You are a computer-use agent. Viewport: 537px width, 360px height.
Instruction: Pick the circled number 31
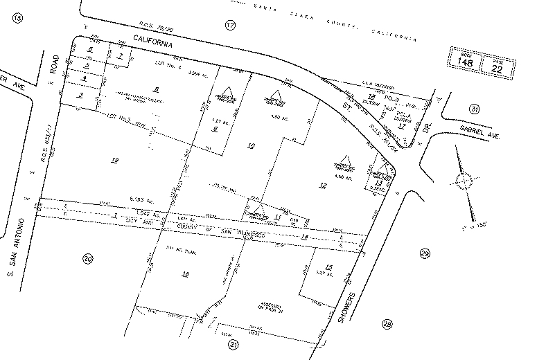[x=474, y=108]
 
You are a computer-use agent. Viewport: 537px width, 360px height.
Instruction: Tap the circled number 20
[x=87, y=260]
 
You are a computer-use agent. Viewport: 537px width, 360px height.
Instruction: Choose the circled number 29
[x=425, y=255]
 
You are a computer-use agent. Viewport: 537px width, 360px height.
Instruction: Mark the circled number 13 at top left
[x=17, y=17]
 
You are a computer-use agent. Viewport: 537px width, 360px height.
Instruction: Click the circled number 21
[x=234, y=344]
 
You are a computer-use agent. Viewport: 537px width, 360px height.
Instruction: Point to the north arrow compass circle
[x=462, y=181]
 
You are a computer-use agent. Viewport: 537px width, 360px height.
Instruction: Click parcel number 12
[x=322, y=185]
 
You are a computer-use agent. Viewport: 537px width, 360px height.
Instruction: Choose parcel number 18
[x=185, y=275]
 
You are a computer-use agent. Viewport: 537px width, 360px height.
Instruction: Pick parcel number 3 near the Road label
[x=81, y=95]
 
